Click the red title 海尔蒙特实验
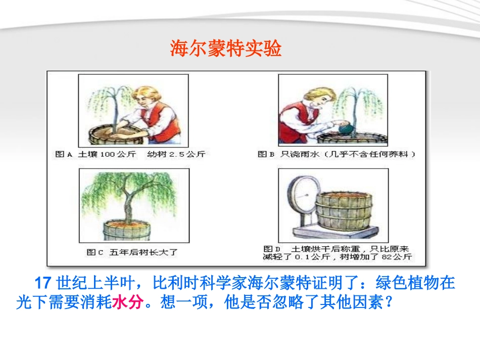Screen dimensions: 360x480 (x=225, y=49)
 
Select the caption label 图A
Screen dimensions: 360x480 (x=64, y=155)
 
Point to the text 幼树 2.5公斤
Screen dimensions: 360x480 (x=177, y=155)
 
